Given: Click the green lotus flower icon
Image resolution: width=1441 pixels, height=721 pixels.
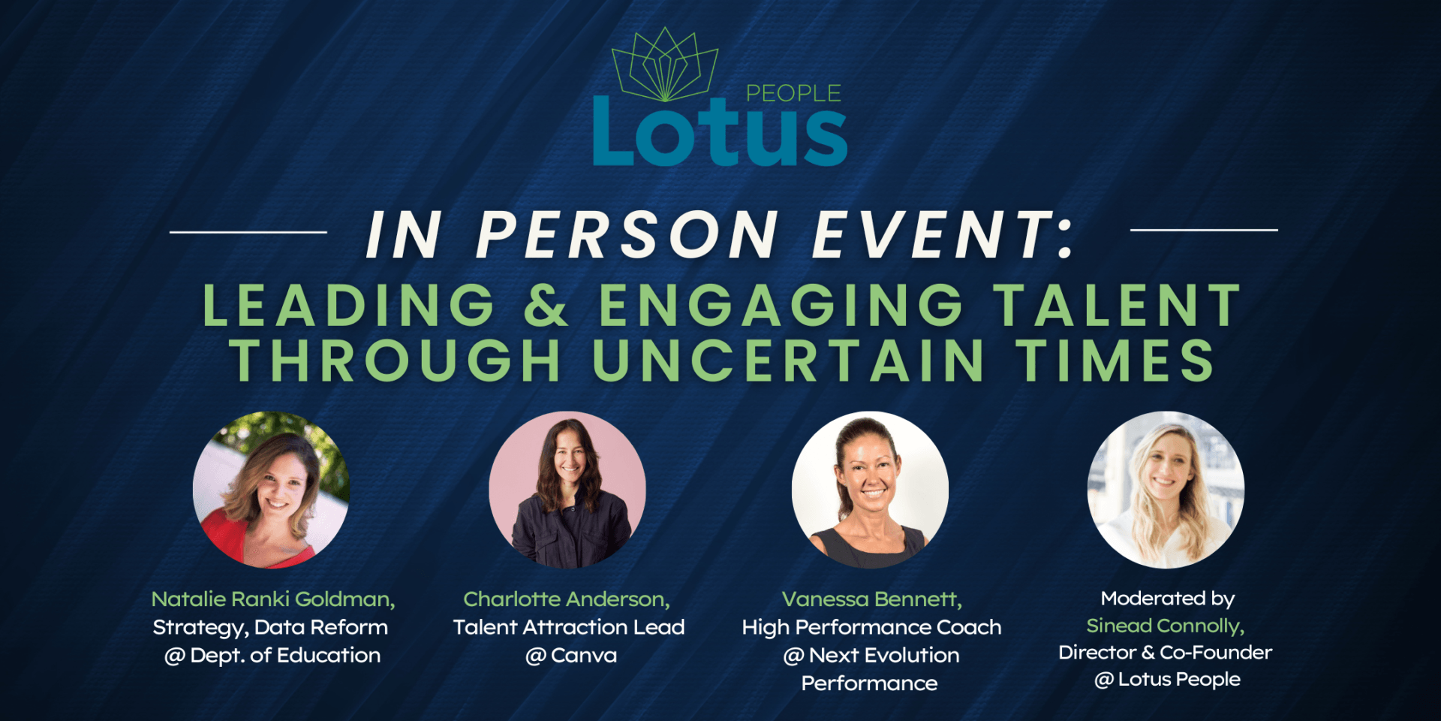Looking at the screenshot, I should [665, 66].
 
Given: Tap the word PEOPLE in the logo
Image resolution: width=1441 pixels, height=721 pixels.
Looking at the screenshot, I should [793, 93].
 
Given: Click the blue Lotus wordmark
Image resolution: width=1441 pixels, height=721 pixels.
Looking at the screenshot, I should [719, 133].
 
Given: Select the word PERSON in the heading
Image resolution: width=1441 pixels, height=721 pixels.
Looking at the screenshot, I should [627, 234].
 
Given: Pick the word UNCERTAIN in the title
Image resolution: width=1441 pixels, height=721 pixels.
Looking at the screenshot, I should [788, 360].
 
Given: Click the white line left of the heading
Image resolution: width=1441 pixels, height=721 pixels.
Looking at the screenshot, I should [248, 232].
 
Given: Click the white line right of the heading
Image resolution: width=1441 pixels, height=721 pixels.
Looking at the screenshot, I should [1203, 230].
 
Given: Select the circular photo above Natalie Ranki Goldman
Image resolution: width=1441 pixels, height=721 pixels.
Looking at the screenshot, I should [271, 490].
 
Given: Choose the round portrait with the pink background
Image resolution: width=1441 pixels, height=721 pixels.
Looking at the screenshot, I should [567, 490].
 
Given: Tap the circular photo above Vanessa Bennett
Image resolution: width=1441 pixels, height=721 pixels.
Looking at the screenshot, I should [870, 490].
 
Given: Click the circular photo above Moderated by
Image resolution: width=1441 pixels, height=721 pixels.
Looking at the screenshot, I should [1166, 490].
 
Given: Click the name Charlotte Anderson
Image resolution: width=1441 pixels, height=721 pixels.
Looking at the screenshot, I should [566, 599].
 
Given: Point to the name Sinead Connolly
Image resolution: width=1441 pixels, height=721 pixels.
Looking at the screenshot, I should [1165, 626].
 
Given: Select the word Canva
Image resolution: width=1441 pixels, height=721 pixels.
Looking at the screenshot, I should [583, 656].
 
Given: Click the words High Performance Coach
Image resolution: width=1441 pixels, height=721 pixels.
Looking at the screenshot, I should [871, 627].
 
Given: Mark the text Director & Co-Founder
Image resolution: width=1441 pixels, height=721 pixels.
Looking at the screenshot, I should [1165, 653].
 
